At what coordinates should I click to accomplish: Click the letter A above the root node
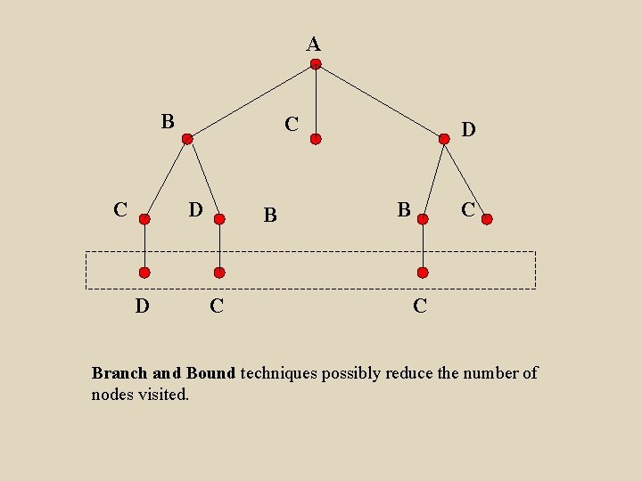tap(314, 44)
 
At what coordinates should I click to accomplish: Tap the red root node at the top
tap(316, 64)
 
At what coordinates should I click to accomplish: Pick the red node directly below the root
tap(316, 139)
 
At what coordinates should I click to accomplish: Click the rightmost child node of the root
tap(445, 139)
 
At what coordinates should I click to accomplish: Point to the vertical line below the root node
tap(316, 102)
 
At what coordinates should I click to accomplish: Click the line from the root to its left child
tap(251, 102)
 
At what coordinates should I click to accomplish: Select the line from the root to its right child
tap(381, 102)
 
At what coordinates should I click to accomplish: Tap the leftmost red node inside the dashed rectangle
tap(144, 273)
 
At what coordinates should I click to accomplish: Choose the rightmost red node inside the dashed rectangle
tap(424, 273)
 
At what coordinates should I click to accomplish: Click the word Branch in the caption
tap(119, 373)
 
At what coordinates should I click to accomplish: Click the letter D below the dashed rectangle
tap(142, 306)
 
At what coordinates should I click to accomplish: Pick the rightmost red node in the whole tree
tap(486, 218)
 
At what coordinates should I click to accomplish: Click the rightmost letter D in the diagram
tap(468, 130)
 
